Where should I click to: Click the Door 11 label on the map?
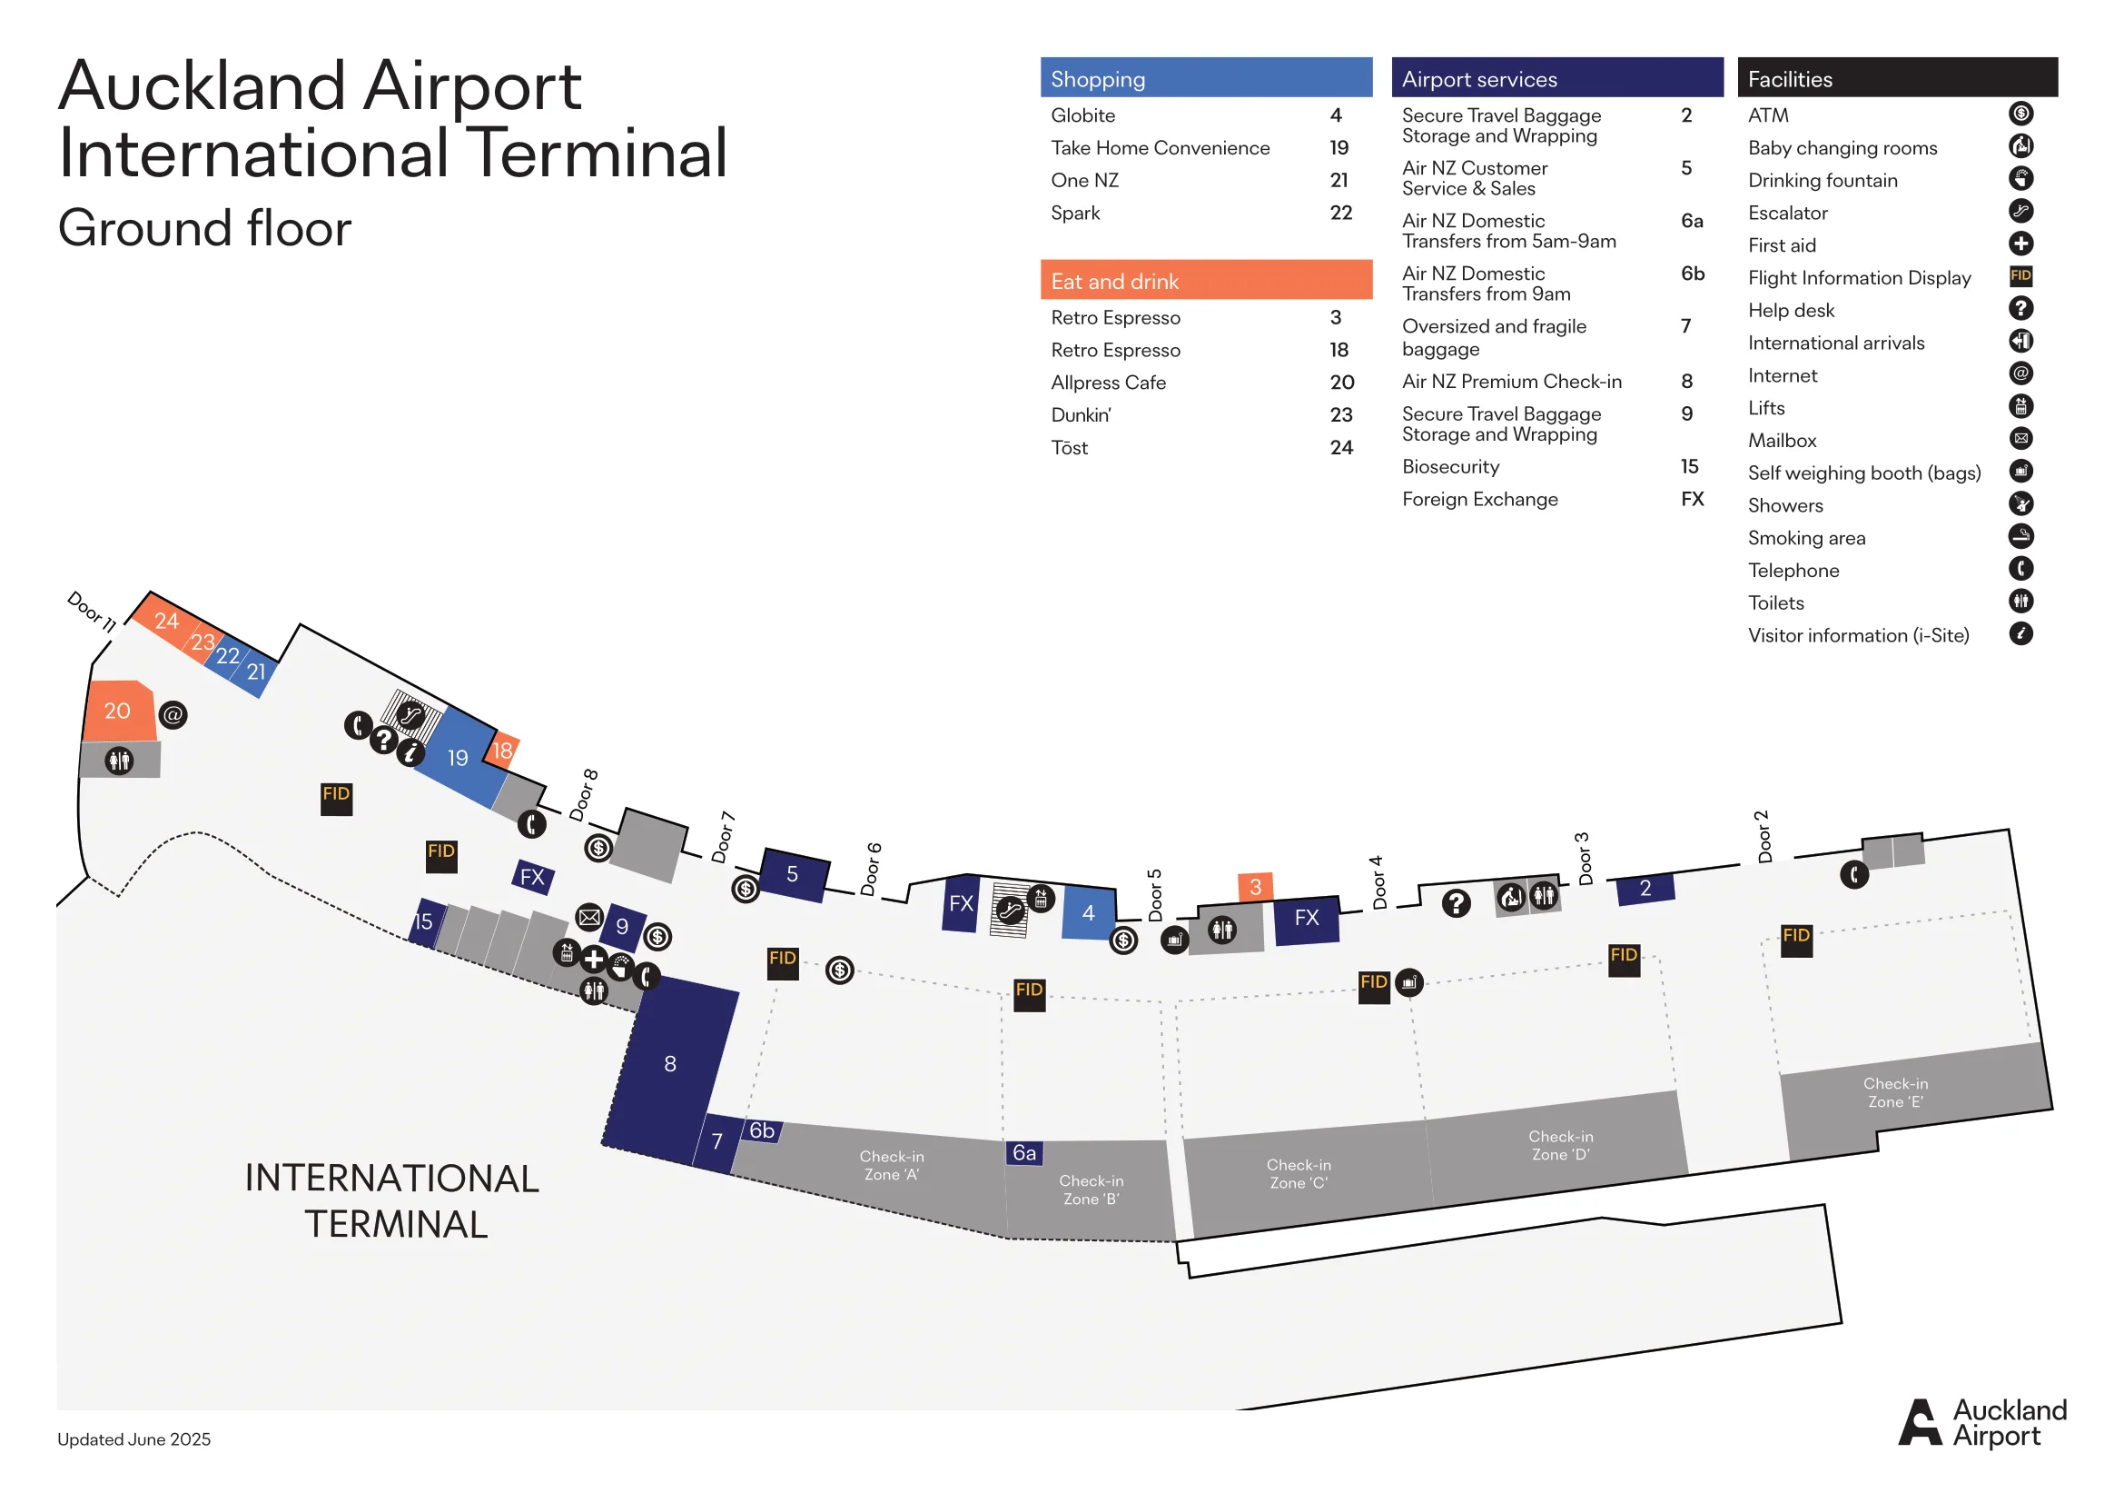92,612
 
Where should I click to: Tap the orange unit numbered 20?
117,711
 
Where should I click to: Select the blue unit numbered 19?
458,758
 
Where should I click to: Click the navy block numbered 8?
670,1064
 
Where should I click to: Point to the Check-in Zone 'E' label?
1894,1093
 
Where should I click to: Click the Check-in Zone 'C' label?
1298,1173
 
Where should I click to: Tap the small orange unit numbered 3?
1255,887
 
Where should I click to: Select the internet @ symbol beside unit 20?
173,714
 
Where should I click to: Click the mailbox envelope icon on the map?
589,917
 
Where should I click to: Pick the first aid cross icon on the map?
594,960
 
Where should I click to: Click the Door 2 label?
1763,837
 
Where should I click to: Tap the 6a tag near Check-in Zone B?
1024,1153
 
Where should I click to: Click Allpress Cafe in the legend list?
1108,383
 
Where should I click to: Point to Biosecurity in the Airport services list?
1450,466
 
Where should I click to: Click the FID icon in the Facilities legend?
2020,276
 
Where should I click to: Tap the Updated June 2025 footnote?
134,1439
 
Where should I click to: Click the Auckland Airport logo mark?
1920,1421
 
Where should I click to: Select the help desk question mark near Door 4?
1456,902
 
